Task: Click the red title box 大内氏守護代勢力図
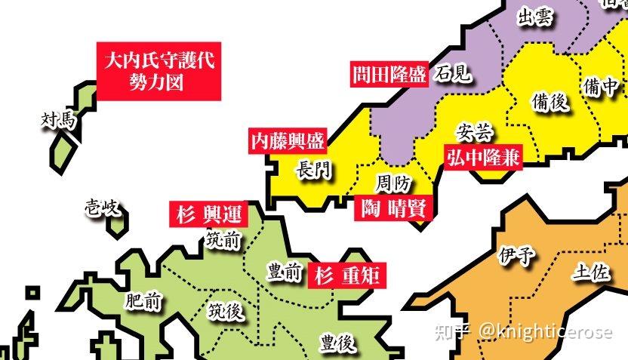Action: coord(159,71)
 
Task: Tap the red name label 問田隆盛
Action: coord(389,75)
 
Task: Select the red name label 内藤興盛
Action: coord(288,140)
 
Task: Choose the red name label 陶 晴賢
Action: coord(394,208)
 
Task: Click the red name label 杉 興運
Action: coord(206,214)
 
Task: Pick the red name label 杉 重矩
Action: coord(348,274)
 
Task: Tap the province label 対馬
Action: coord(59,119)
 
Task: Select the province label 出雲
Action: coord(534,18)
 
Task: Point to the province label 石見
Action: coord(453,74)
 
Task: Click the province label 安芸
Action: coord(475,133)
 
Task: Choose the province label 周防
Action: coord(393,183)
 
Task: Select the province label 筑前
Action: coord(223,241)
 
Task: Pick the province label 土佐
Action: coord(591,272)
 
